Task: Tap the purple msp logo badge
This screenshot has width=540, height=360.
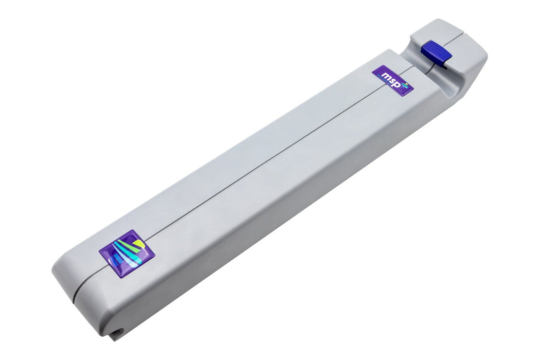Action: (x=393, y=81)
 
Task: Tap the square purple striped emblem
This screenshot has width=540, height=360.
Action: (x=127, y=254)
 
